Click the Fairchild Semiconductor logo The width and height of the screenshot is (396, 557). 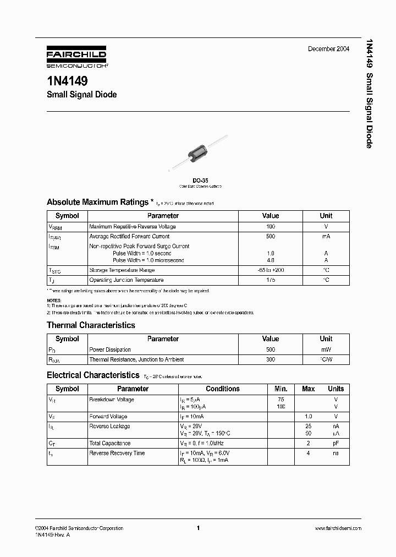click(x=76, y=57)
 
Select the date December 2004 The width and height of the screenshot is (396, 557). click(x=328, y=49)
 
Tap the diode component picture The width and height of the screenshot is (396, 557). click(x=200, y=152)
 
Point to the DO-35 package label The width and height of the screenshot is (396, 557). click(x=200, y=181)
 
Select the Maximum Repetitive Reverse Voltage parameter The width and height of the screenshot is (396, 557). click(x=133, y=227)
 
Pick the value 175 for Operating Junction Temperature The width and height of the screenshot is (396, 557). click(x=271, y=280)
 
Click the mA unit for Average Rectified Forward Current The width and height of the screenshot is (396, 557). click(x=326, y=236)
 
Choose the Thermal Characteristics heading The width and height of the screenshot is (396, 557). click(x=91, y=325)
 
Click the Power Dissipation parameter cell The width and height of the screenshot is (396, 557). click(x=110, y=350)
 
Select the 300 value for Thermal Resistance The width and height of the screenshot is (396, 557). click(x=271, y=359)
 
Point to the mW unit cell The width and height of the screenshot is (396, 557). click(x=326, y=350)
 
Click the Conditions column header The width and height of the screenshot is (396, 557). click(x=222, y=389)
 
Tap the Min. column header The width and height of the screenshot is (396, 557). click(x=281, y=389)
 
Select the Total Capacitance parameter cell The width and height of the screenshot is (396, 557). click(x=110, y=443)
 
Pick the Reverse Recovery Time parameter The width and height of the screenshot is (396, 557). click(x=117, y=453)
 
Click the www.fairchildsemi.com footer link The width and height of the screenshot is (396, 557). click(x=338, y=528)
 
